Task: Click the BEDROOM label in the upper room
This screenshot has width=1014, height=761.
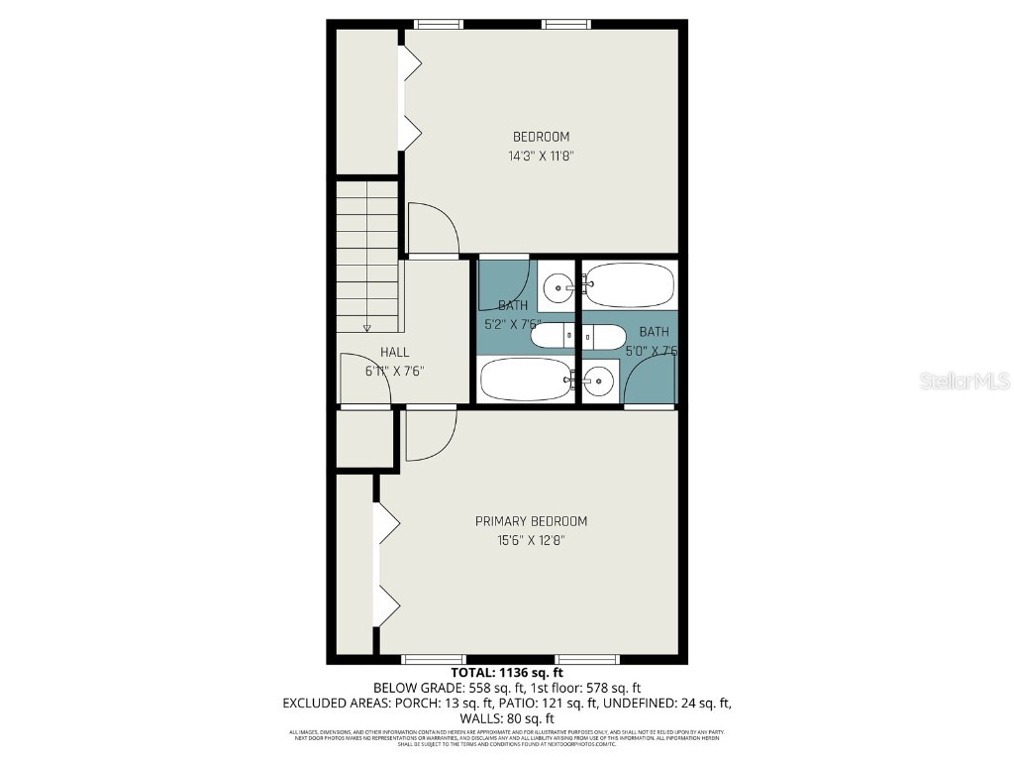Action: (541, 137)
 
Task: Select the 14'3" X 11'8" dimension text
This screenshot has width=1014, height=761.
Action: (541, 156)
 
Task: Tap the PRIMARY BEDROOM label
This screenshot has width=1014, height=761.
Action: (531, 521)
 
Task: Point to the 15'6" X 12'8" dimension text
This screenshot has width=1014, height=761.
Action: (531, 540)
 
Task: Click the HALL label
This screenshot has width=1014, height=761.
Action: (394, 352)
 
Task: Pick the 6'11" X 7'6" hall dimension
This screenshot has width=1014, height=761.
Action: (394, 371)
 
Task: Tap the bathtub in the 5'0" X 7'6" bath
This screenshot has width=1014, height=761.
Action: (629, 285)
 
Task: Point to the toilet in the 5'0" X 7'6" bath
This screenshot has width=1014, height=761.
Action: (605, 337)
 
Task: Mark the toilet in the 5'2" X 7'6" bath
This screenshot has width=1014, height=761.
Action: (553, 338)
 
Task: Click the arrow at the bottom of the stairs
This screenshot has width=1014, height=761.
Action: (366, 327)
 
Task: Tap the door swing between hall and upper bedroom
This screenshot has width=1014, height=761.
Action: (433, 230)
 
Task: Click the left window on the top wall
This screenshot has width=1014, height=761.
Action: (439, 24)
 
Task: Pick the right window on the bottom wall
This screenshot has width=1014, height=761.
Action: (587, 659)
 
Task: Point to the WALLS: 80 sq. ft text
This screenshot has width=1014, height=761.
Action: (506, 718)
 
